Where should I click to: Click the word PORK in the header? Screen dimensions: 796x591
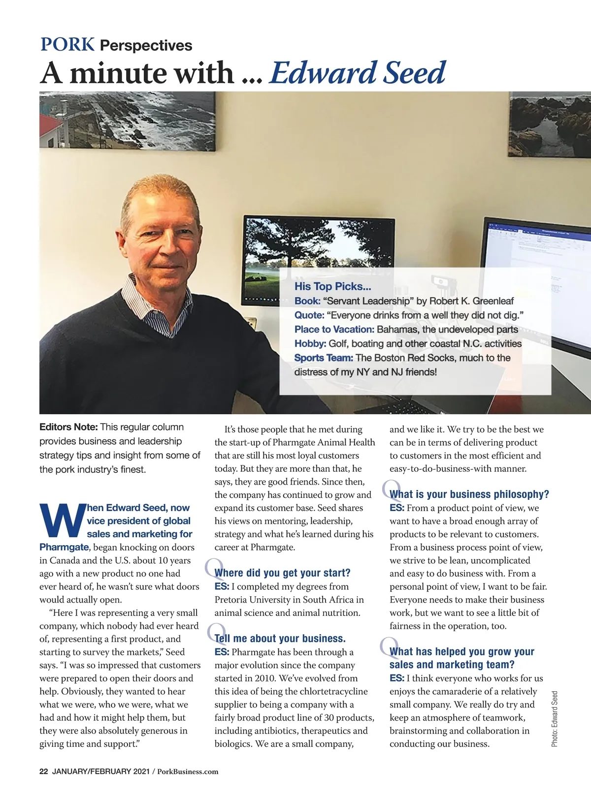67,44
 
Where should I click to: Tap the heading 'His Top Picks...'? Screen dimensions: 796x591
332,286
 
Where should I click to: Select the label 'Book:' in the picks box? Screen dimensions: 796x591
307,301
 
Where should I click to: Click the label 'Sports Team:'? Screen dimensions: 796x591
324,358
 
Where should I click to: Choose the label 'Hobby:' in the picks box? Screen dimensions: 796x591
310,343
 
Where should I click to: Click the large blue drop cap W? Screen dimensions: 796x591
61,520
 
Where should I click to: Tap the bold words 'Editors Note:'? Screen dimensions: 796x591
68,427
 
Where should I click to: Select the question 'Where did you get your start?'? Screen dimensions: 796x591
282,573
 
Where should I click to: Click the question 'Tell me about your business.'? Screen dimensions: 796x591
280,639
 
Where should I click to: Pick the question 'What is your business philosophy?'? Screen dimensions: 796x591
469,494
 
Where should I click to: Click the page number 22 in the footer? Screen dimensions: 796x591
43,771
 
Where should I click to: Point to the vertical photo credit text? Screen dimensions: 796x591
555,719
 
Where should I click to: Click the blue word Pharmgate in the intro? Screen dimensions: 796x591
64,547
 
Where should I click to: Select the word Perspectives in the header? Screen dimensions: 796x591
146,46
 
